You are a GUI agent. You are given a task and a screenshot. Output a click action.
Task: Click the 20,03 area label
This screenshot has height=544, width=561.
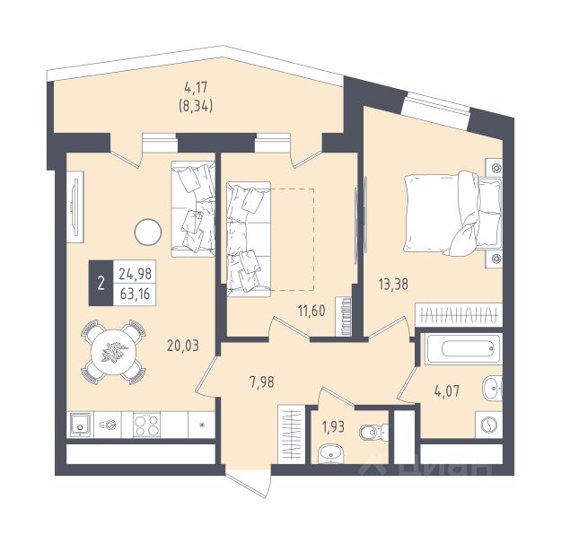[x=183, y=346]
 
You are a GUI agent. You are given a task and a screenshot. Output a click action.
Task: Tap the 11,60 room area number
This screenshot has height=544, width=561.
[x=311, y=311]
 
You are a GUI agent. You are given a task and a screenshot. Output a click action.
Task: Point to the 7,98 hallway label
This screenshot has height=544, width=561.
[x=262, y=382]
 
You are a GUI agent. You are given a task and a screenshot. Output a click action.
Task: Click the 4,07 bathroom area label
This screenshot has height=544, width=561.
[x=446, y=391]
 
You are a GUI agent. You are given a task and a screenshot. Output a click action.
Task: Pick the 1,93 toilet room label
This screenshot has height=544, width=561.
[x=333, y=426]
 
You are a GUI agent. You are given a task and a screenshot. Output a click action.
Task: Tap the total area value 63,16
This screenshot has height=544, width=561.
[x=136, y=294]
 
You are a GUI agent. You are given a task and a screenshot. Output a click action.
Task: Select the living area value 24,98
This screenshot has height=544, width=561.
[x=136, y=274]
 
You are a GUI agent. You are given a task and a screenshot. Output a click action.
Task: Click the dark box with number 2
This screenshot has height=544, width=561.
[x=101, y=283]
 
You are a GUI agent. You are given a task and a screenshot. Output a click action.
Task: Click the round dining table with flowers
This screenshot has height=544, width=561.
[x=113, y=352]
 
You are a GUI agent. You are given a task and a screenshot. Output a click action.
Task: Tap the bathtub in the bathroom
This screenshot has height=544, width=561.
[x=464, y=349]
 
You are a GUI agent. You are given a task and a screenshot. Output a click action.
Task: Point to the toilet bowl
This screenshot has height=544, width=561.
[x=373, y=432]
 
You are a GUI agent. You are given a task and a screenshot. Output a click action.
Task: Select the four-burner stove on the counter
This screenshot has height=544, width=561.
[x=146, y=425]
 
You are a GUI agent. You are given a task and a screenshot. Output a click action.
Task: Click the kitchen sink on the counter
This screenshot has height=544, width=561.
[x=80, y=425]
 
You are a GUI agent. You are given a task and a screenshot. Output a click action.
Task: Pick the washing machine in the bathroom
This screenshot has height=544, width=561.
[x=488, y=425]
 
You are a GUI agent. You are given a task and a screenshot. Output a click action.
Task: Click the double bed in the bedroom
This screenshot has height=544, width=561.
[x=453, y=214]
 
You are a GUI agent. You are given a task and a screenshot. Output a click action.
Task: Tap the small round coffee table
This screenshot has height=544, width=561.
[x=148, y=232]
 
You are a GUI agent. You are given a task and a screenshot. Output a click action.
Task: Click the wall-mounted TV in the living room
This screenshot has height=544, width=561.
[x=75, y=207]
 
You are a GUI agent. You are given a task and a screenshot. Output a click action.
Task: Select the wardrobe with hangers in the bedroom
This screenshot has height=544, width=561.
[x=459, y=315]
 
